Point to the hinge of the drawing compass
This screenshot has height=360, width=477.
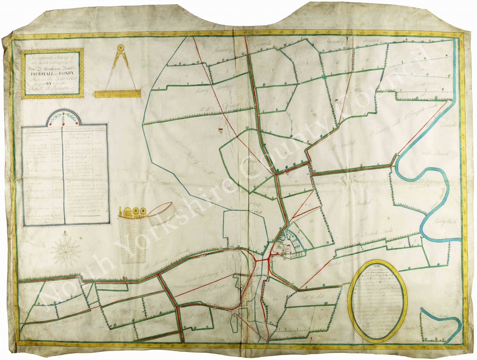(120, 48)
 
